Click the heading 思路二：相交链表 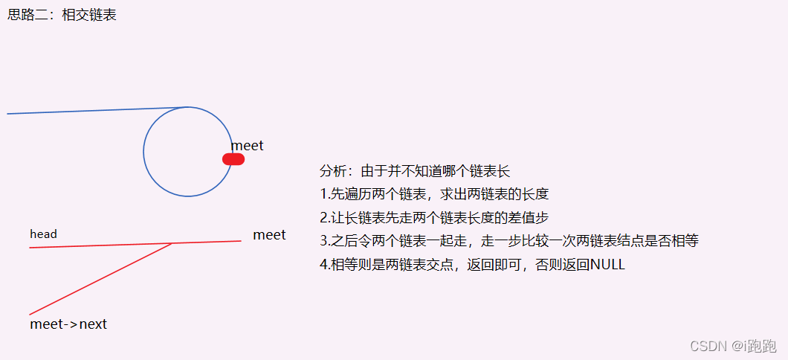coord(62,15)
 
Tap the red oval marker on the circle coord(233,158)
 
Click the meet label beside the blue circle coord(247,146)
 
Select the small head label coord(43,234)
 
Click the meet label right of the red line coord(269,235)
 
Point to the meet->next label coord(68,324)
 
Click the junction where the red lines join coord(172,243)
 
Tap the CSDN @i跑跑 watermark coord(733,346)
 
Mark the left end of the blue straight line coord(8,114)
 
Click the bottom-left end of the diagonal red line coord(30,314)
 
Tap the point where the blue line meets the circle coord(188,107)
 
